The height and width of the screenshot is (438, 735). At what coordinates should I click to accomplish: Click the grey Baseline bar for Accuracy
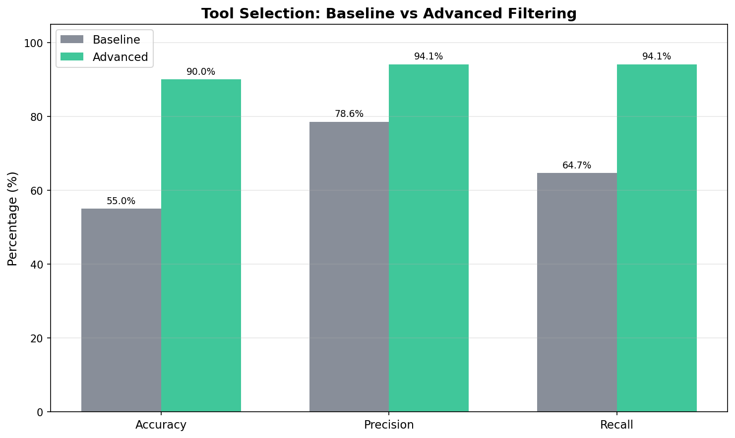coord(121,310)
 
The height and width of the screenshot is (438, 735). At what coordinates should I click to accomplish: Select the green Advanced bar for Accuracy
coord(201,245)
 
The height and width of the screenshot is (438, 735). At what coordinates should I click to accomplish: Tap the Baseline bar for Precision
coord(349,267)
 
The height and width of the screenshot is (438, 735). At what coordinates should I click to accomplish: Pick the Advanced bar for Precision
coord(429,238)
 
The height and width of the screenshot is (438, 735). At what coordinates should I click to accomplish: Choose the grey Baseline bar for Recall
coord(577,292)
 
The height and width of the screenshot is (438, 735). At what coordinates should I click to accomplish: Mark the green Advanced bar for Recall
coord(657,238)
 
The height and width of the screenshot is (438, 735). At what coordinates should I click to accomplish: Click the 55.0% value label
coord(121,201)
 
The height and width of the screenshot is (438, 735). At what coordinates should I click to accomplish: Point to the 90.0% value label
coord(201,72)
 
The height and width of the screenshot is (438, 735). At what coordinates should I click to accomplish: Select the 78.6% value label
coord(349,114)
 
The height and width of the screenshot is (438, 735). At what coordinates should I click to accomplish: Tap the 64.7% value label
coord(577,165)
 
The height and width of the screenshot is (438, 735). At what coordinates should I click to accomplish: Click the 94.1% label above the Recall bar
coord(657,56)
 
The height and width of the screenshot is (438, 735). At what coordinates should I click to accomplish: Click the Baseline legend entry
coord(116,40)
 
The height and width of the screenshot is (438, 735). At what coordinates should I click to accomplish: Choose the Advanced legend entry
coord(120,57)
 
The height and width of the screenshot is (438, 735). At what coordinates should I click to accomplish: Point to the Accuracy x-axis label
coord(161,425)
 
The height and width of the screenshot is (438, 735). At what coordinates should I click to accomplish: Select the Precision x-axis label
coord(389,425)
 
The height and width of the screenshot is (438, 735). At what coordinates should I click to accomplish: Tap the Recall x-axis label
coord(616,425)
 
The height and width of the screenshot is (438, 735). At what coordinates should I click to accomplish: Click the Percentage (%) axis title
coord(13,219)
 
